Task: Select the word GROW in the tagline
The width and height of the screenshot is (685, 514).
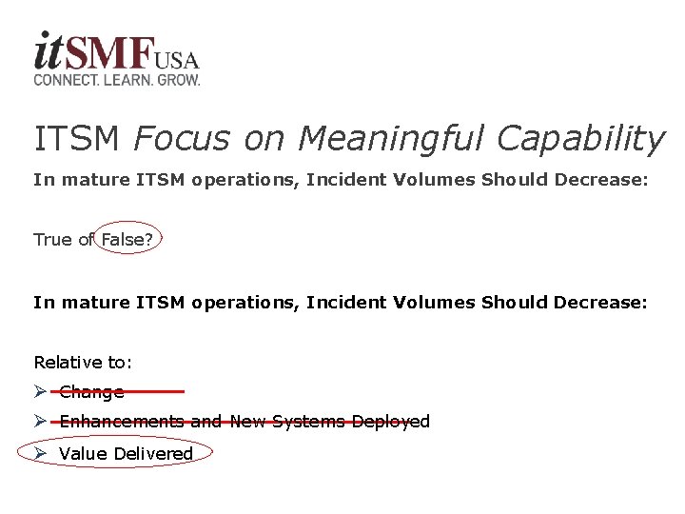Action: point(179,81)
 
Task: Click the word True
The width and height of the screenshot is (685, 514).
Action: point(52,240)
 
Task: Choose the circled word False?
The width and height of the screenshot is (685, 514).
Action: point(127,240)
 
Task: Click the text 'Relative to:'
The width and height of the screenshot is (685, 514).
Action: point(83,363)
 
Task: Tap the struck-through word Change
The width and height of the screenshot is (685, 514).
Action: point(91,392)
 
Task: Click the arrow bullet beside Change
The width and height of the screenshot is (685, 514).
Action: point(40,391)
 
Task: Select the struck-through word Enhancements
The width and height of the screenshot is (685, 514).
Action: point(122,422)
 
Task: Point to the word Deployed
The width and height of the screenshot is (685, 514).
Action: point(391,422)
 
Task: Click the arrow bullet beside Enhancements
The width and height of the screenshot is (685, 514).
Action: point(40,421)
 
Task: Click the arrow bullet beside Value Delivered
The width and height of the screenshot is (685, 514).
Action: point(40,453)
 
